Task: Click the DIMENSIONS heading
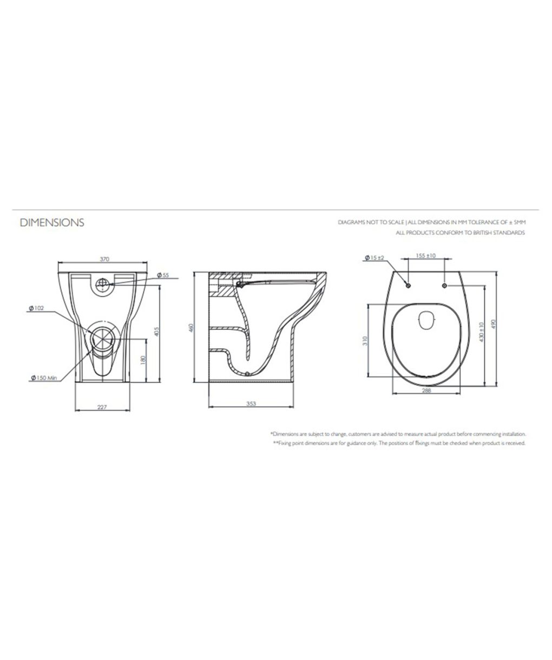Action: tap(52, 222)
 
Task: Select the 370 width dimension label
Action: tap(104, 259)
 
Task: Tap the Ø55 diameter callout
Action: tap(163, 275)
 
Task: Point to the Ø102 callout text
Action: tap(36, 308)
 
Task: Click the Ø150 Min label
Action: tap(44, 378)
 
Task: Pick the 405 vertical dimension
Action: tap(157, 332)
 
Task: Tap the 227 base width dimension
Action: tap(102, 407)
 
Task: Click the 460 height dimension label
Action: tap(190, 328)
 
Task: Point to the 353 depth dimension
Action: tap(251, 404)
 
